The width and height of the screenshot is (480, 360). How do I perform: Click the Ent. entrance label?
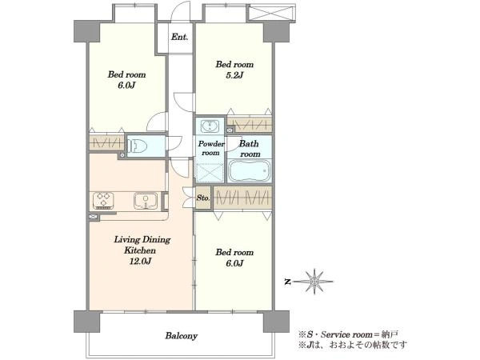coord(179,38)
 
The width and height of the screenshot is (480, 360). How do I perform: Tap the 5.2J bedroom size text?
coord(234,75)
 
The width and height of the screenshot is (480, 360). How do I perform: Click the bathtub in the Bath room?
coord(250,170)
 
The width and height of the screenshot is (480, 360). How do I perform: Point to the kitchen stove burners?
coord(103,201)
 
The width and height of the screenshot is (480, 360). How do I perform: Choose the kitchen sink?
coord(146,201)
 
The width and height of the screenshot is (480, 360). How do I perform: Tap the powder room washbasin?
coord(210,126)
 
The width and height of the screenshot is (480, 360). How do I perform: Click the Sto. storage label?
coord(203,198)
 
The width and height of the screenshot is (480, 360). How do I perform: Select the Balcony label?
coord(182,336)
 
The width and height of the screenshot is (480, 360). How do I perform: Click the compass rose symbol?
coord(314,282)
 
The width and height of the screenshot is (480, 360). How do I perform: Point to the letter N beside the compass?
coord(287,282)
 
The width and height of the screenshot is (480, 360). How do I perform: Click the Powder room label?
coord(211,148)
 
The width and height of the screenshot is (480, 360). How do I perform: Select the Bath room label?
coord(250,149)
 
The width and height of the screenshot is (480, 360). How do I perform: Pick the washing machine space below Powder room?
coord(210,173)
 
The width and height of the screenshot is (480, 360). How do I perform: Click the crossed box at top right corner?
coord(271,14)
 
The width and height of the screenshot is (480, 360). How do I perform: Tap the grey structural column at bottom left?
coord(87,322)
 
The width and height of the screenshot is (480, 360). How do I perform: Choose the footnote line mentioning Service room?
coord(348,334)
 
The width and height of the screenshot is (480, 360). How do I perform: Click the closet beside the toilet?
coord(107,143)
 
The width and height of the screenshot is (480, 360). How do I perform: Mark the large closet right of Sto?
coord(242,198)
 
